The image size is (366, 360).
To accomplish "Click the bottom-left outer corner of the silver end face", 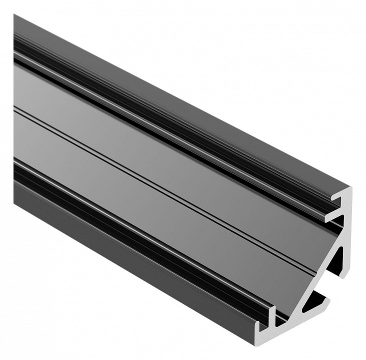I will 266,345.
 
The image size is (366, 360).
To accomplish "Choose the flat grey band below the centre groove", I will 150,205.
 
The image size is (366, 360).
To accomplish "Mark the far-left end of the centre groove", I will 15,107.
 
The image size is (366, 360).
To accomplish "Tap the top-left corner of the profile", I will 15,15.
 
